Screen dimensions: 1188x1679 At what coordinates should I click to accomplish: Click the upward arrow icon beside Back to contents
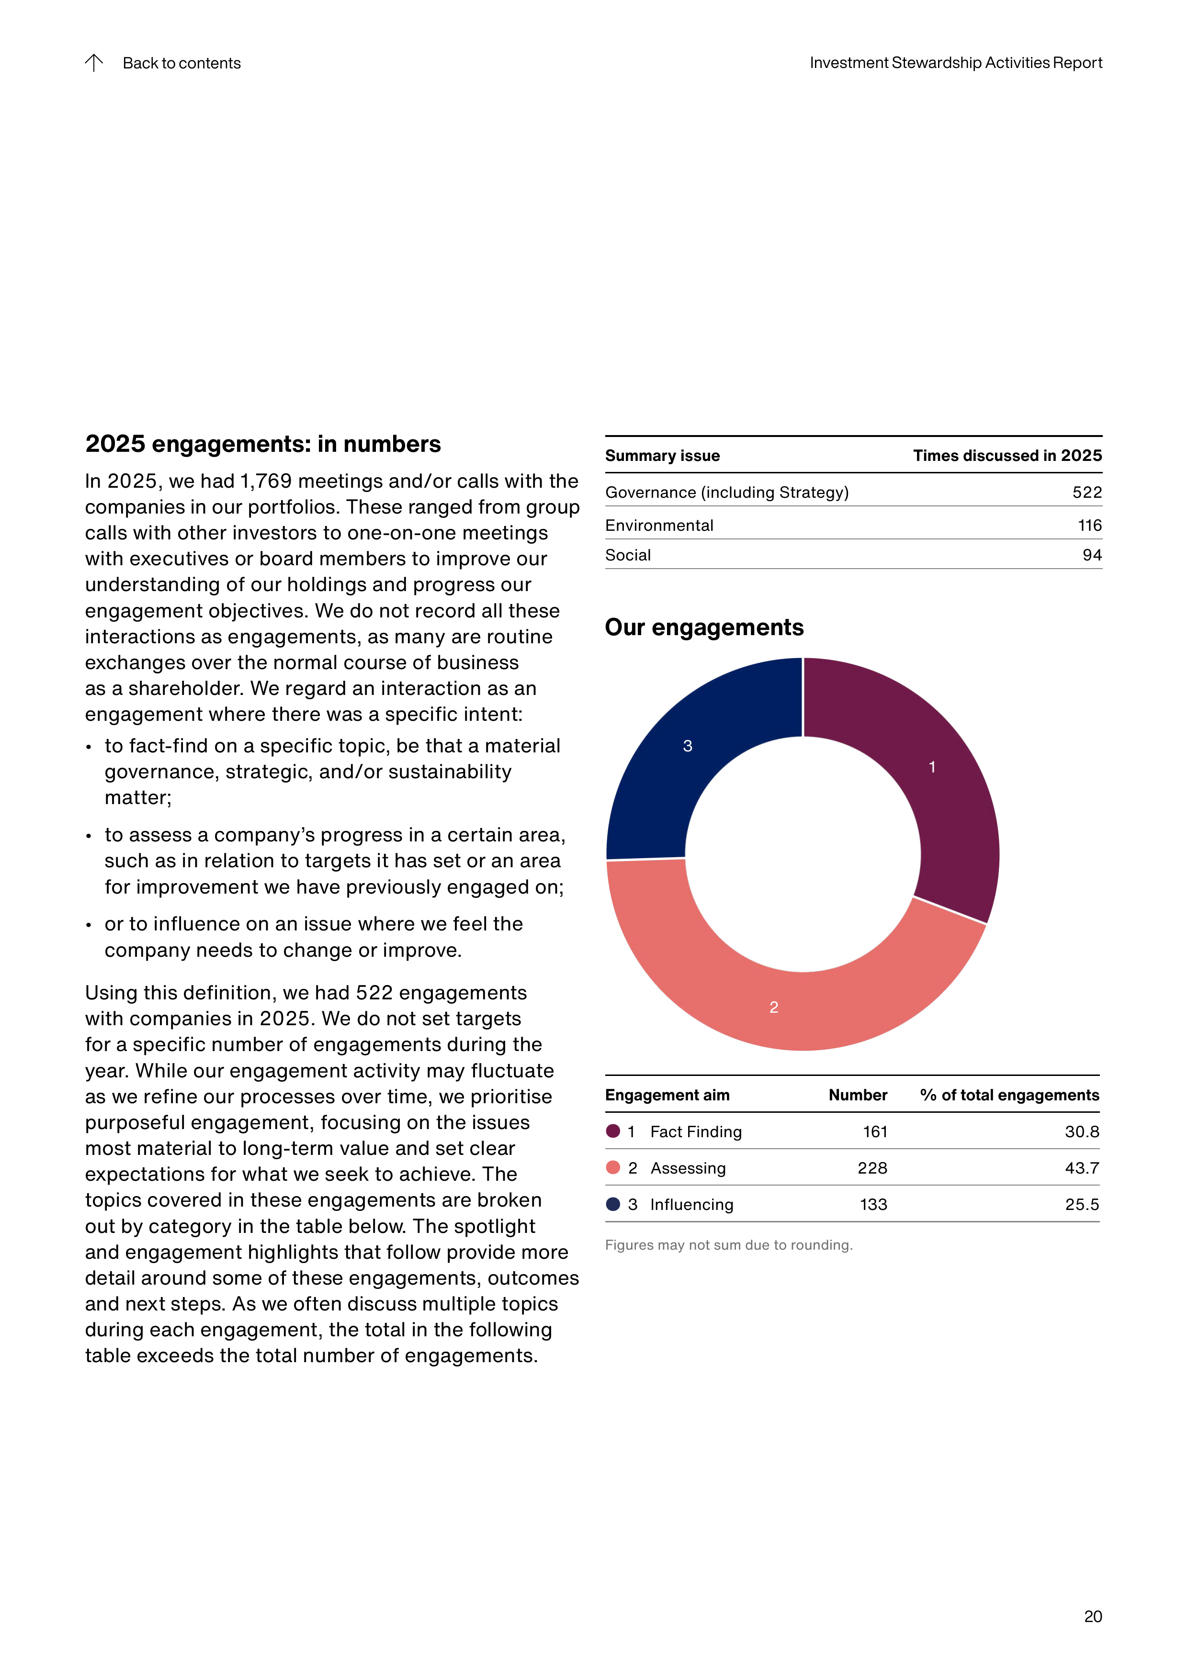click(94, 63)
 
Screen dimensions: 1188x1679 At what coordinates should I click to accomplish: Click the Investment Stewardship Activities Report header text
click(955, 63)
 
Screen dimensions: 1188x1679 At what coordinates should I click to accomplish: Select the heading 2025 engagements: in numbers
click(262, 444)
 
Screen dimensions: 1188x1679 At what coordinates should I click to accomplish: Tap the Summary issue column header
click(662, 456)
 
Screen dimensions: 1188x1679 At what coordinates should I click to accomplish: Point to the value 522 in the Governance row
click(1087, 492)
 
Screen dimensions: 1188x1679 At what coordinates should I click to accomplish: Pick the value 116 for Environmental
click(1089, 525)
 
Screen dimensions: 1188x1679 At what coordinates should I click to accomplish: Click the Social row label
click(628, 555)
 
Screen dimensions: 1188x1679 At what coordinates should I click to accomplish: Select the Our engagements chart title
click(704, 627)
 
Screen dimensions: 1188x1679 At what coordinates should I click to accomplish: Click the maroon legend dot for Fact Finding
click(613, 1131)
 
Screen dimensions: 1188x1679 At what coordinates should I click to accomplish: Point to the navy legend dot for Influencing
click(613, 1204)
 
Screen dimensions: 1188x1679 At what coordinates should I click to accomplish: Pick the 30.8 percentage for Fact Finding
click(1082, 1131)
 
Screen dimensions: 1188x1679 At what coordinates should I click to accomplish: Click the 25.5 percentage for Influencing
click(1082, 1204)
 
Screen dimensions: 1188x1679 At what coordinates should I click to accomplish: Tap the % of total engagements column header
click(1009, 1095)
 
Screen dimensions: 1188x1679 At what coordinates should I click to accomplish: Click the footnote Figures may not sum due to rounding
click(729, 1244)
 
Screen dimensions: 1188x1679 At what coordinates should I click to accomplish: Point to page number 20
click(1093, 1616)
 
